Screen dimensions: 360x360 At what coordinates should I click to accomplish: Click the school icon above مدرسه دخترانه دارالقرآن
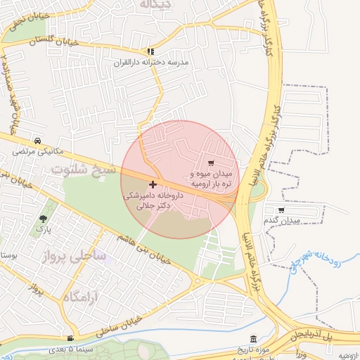pyautogui.click(x=150, y=51)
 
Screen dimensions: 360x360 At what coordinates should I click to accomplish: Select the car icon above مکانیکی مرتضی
pyautogui.click(x=36, y=140)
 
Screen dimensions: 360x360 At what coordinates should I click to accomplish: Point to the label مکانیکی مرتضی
pyautogui.click(x=38, y=150)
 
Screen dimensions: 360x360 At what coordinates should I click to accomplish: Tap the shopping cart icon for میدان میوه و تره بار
pyautogui.click(x=211, y=163)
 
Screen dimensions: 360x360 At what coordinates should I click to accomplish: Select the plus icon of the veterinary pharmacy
pyautogui.click(x=153, y=184)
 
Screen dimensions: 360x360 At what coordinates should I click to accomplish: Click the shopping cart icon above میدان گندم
pyautogui.click(x=281, y=210)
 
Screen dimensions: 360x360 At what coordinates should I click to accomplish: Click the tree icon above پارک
pyautogui.click(x=44, y=219)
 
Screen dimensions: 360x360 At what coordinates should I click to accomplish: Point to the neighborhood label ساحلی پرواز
pyautogui.click(x=77, y=256)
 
